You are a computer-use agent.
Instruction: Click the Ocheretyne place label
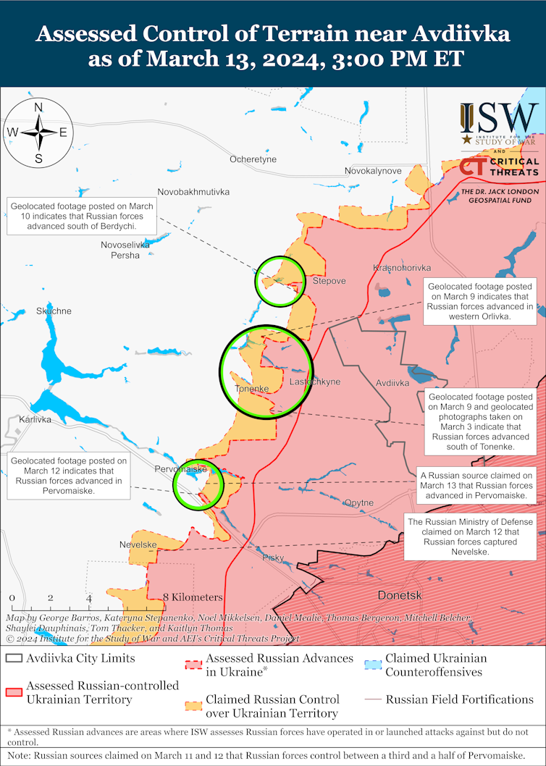(x=253, y=159)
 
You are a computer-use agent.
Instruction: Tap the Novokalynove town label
(x=373, y=171)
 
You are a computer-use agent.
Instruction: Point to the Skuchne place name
(x=54, y=311)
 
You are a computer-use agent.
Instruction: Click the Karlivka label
(x=35, y=419)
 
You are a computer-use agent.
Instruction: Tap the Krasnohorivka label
(x=402, y=268)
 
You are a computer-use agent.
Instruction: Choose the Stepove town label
(x=329, y=280)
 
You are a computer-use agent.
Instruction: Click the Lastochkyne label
(x=314, y=382)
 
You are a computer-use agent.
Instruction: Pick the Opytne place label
(x=359, y=502)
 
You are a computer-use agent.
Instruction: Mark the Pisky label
(x=273, y=557)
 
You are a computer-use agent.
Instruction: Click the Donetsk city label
(x=400, y=595)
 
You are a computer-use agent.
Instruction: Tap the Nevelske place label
(x=138, y=544)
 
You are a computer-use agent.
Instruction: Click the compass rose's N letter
(x=38, y=107)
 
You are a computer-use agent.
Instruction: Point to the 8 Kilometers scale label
(x=193, y=597)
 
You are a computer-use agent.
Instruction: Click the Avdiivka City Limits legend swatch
(x=14, y=659)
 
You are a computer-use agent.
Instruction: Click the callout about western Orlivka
(x=480, y=301)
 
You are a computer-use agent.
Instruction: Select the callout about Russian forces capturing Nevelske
(x=470, y=536)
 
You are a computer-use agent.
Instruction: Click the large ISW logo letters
(x=499, y=115)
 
